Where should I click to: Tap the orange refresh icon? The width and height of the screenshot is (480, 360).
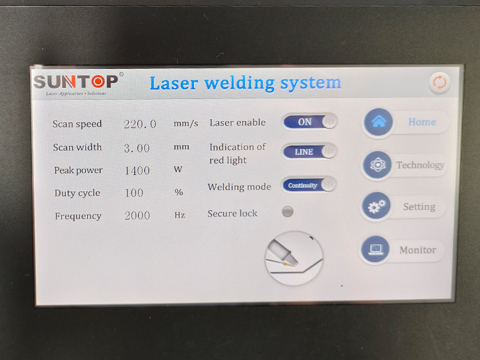439,82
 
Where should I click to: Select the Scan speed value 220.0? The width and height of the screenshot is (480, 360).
140,124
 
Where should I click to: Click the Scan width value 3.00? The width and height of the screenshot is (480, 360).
137,148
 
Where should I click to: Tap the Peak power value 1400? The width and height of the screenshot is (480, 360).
137,171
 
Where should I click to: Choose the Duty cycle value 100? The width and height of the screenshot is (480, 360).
134,193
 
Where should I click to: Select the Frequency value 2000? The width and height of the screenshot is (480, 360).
137,216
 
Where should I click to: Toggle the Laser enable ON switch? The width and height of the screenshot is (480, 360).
309,122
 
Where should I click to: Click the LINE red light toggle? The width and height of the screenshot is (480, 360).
309,152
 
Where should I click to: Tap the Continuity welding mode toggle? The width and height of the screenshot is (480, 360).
309,185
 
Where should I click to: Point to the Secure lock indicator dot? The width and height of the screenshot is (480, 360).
287,212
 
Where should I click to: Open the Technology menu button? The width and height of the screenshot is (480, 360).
405,165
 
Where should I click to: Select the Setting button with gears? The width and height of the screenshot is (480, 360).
403,207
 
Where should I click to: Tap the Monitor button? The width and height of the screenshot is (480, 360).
402,250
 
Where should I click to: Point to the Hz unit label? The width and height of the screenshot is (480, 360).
179,215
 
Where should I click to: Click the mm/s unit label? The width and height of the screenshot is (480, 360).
186,124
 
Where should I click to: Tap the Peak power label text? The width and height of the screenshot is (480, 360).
78,171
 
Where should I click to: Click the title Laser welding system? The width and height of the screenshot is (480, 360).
245,83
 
